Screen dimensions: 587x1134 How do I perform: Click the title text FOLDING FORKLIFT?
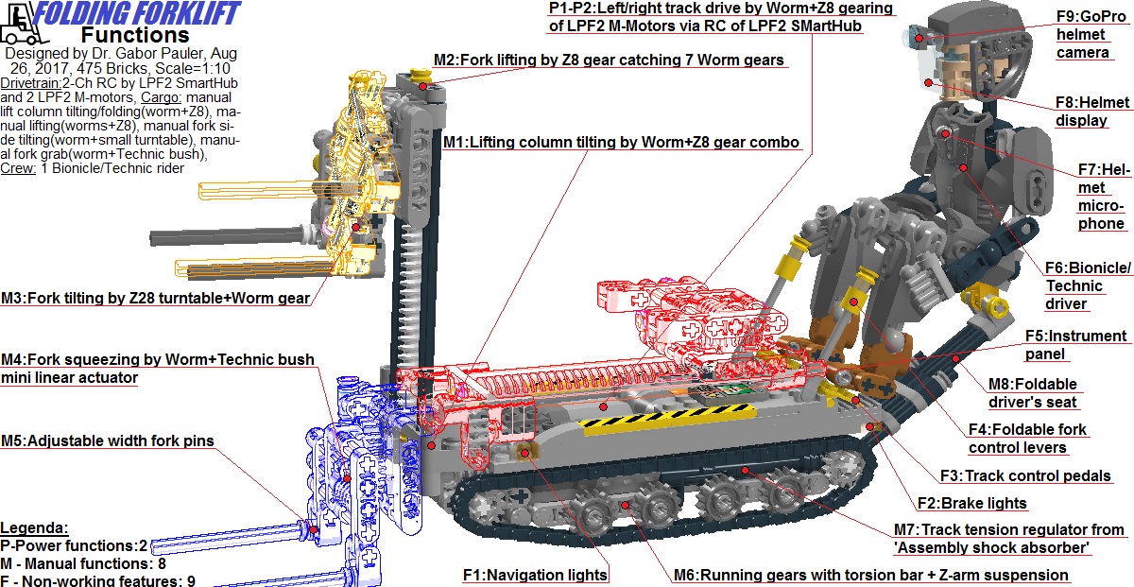[x=137, y=13]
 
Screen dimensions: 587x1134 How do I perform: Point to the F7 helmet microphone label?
[x=1102, y=197]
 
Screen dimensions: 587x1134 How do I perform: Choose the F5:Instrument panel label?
[x=1076, y=345]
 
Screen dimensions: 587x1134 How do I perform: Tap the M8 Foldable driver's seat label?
[x=1032, y=393]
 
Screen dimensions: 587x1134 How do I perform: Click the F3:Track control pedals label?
[x=1024, y=476]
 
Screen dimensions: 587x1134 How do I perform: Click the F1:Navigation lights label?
[x=535, y=574]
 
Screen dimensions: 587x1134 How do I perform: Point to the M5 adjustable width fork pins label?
[x=107, y=440]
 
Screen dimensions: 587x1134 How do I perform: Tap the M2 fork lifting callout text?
[x=609, y=60]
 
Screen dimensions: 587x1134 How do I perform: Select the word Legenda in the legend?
[x=35, y=527]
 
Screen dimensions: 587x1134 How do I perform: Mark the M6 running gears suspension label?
[x=870, y=575]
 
